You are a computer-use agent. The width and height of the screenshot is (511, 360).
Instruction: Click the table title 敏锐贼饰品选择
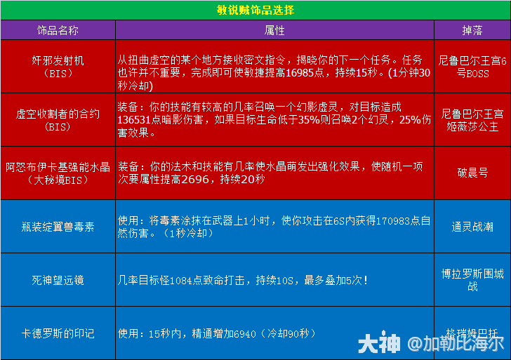tap(255, 10)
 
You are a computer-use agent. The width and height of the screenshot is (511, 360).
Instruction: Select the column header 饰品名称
tap(58, 31)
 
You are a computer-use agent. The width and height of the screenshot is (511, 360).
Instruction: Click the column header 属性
tap(274, 31)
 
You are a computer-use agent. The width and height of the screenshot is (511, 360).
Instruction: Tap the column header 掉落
tap(472, 31)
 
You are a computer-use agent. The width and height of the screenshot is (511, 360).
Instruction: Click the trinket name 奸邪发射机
tap(58, 60)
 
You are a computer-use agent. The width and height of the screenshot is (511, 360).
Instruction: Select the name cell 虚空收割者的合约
tap(58, 114)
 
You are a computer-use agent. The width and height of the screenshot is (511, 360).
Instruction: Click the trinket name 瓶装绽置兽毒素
tap(58, 227)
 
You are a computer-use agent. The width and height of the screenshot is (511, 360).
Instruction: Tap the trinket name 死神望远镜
tap(58, 280)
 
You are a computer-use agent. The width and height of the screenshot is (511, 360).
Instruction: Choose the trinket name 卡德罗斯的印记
tap(58, 333)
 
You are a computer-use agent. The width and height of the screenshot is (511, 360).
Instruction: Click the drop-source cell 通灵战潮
tap(472, 227)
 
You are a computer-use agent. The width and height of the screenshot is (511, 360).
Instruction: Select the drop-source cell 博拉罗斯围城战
tap(472, 280)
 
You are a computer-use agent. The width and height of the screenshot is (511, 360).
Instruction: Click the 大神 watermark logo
tap(379, 344)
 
